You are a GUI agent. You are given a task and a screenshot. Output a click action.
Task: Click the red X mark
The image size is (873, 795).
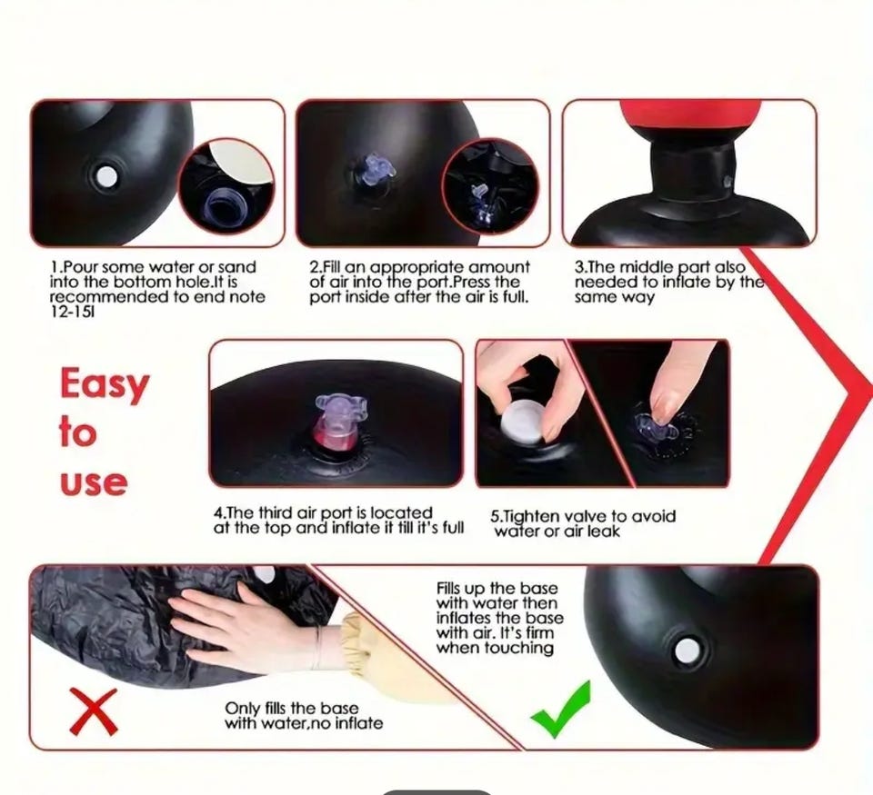point(94,711)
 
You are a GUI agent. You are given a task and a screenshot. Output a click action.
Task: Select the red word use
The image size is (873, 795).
point(94,482)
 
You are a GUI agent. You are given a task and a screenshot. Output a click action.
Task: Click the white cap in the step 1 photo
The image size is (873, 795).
point(105,177)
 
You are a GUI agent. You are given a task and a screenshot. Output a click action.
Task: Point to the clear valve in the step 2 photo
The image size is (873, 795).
point(373,167)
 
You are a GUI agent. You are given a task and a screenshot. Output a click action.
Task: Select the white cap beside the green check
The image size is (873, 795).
point(687,650)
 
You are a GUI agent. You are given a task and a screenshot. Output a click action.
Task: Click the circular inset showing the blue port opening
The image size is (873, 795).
point(226,186)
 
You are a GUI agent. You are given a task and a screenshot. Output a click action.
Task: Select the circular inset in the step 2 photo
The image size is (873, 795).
point(490,186)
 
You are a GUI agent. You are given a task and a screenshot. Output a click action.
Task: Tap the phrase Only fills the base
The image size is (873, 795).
point(291,709)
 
